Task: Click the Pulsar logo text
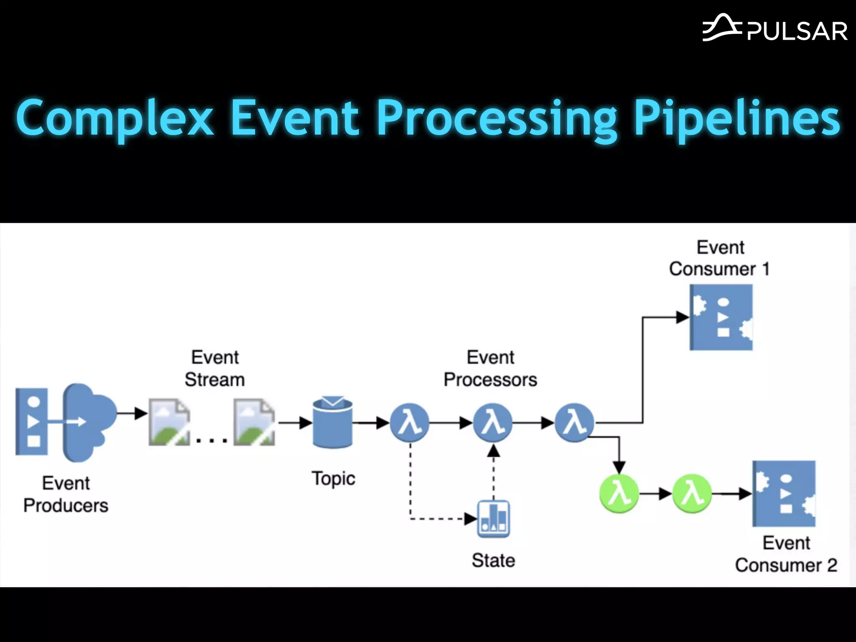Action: pos(797,31)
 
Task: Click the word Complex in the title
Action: pos(115,118)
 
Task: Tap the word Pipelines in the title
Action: pos(736,118)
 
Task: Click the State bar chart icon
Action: pos(494,519)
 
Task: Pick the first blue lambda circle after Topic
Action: pos(410,423)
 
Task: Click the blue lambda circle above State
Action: pos(493,423)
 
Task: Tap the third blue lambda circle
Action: pos(575,423)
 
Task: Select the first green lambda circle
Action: pos(619,494)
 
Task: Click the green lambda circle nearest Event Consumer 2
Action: pos(692,494)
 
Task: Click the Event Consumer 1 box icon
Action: pos(721,317)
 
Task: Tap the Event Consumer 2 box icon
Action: pos(784,494)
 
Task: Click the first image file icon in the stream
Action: pos(169,422)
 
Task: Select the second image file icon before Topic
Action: pos(254,422)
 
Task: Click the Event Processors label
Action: pos(490,369)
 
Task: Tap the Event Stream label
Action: pos(215,369)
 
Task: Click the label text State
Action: pos(493,560)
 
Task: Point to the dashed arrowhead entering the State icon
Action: pos(471,519)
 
